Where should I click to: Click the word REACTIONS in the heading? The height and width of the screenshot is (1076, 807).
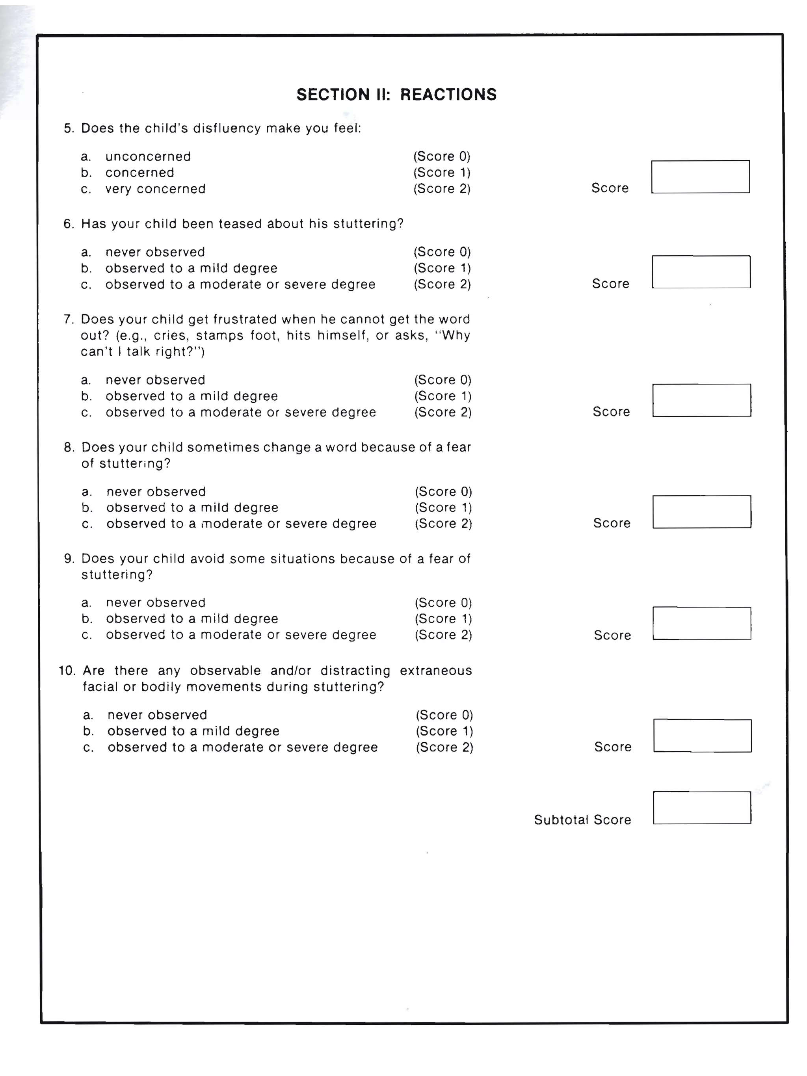point(448,95)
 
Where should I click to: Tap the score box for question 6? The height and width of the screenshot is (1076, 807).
point(701,272)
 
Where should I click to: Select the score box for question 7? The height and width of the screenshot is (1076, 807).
point(701,400)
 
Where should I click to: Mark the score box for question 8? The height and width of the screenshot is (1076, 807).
point(701,512)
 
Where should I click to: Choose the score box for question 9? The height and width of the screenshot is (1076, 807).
point(701,623)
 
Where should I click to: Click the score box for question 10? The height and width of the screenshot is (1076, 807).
point(702,736)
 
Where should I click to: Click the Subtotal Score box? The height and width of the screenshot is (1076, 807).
point(701,808)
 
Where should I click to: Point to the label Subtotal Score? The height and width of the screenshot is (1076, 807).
point(582,820)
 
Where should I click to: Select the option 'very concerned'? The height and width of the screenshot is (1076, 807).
point(155,189)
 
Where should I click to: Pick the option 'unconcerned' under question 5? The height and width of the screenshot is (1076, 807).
point(148,157)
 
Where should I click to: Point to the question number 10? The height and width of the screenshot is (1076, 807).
point(67,671)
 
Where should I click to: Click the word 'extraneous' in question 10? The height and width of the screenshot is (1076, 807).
point(435,671)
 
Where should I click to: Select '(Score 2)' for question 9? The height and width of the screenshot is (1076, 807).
point(443,635)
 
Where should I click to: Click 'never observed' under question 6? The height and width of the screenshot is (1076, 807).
point(155,252)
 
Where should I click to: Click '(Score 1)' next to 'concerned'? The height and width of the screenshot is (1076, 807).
point(442,173)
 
